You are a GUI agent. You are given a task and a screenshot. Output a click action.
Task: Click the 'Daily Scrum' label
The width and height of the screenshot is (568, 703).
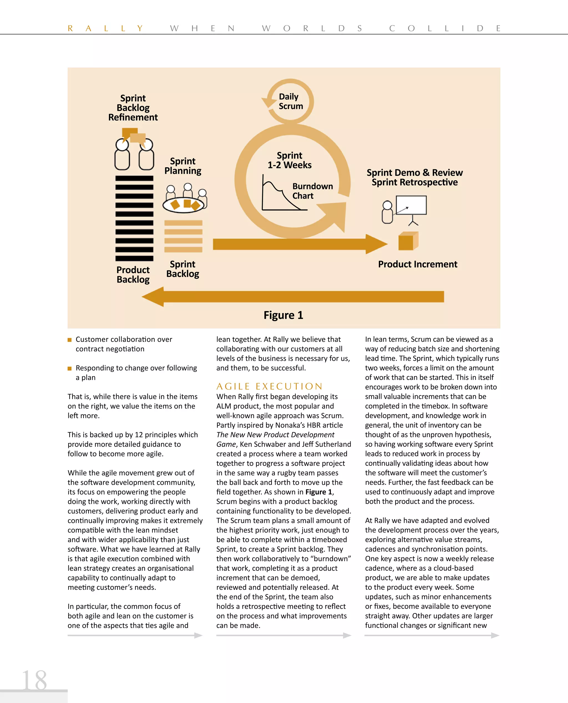(x=291, y=101)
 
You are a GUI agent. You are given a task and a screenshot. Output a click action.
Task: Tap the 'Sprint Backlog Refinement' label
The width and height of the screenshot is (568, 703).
(x=133, y=108)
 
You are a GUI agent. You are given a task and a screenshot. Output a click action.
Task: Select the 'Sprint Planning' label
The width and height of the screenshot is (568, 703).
(x=182, y=166)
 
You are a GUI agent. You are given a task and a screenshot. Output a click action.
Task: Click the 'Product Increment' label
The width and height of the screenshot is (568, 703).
(x=417, y=264)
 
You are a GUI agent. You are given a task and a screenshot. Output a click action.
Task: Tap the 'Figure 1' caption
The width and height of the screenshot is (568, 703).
(x=283, y=315)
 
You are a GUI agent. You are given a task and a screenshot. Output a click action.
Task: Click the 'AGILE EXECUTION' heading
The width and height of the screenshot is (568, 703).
(x=269, y=386)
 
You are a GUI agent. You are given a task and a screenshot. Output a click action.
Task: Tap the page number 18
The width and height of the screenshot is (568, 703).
(x=34, y=681)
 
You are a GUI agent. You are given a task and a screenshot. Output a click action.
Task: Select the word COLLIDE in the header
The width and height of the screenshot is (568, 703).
(x=445, y=29)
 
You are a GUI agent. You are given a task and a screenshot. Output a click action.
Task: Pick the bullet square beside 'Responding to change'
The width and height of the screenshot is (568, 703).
(x=69, y=368)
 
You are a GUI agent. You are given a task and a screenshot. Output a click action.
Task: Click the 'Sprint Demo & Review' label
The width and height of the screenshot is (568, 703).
(x=415, y=172)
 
